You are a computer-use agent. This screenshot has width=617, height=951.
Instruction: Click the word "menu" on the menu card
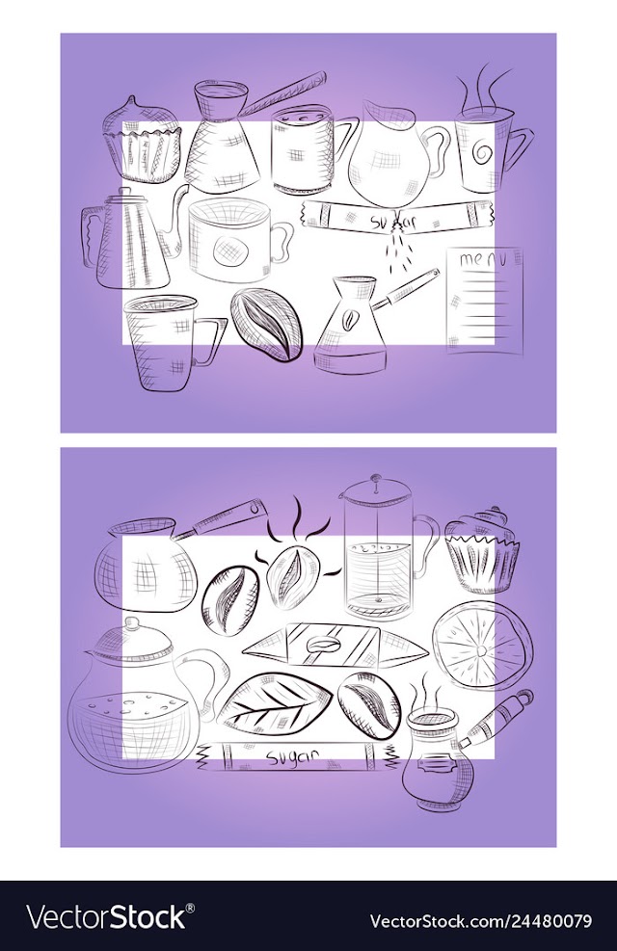tap(482, 259)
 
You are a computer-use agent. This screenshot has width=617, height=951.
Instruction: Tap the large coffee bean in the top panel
tap(266, 325)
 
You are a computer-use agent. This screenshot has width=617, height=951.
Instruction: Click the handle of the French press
tap(425, 541)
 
